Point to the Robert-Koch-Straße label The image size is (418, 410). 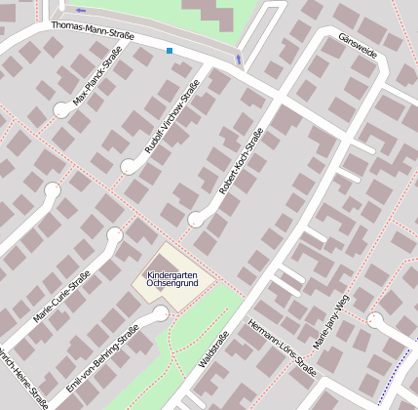click(242, 161)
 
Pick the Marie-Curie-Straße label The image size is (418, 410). click(61, 296)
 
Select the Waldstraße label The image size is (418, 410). click(212, 349)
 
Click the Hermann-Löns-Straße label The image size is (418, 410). click(283, 348)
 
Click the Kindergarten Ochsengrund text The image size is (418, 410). click(174, 279)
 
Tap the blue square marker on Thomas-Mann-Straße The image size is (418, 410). click(170, 51)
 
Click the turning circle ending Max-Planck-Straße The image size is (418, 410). click(62, 110)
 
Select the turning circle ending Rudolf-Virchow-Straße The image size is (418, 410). click(129, 166)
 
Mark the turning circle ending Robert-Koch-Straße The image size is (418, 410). click(195, 219)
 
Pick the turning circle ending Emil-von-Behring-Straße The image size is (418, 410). click(160, 312)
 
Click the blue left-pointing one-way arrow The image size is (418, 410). click(80, 11)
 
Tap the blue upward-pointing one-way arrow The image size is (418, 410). click(239, 59)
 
